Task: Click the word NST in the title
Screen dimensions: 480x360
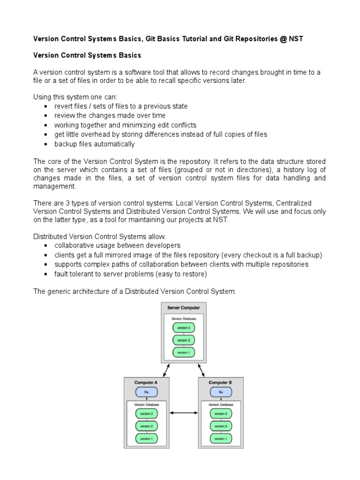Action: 296,39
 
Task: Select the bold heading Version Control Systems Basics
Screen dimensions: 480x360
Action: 87,55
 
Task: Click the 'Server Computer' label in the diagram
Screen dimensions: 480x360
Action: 183,308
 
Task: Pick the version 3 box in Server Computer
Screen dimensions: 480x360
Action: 183,328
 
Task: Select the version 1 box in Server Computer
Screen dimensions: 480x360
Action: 183,352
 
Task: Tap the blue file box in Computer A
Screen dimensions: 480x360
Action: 146,392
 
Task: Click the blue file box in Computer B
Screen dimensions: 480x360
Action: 220,392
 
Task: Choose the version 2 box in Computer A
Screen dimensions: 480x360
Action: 146,426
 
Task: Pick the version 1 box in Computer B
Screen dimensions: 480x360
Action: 220,439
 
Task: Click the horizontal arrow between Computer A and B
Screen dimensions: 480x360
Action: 183,413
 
